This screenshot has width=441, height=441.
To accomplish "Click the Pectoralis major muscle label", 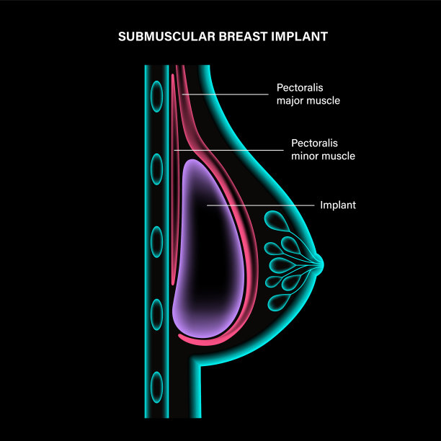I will [x=308, y=94].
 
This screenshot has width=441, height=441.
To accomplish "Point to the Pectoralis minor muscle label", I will [x=323, y=149].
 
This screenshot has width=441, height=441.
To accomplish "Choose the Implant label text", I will [x=338, y=205].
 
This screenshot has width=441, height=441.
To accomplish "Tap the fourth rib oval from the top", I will [x=156, y=314].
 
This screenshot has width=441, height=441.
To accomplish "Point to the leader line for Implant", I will [x=259, y=205].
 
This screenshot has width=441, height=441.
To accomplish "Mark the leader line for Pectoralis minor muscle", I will [x=231, y=150].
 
